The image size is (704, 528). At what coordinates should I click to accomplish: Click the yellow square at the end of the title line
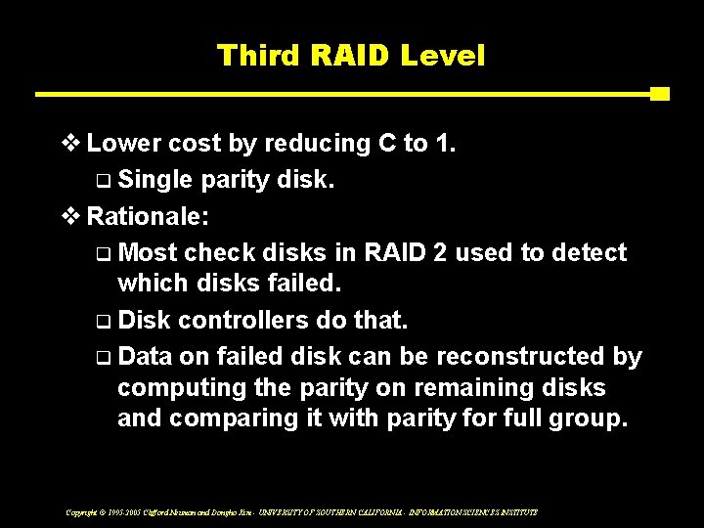pos(659,95)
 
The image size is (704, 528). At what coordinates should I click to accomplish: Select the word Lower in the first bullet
pos(122,144)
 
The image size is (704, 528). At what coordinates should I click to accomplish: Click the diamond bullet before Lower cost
pos(73,144)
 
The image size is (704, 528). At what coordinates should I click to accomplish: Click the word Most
pos(150,253)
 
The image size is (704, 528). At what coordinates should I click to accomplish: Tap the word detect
pos(589,253)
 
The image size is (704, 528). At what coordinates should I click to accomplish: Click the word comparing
pos(220,418)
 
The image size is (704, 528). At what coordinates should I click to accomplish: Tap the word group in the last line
pos(585,418)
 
